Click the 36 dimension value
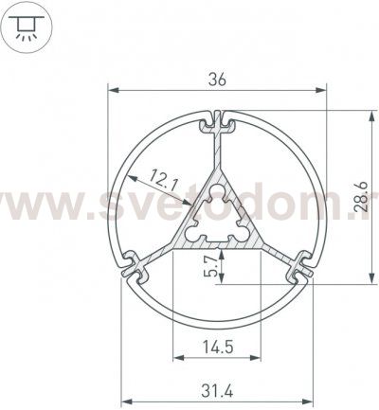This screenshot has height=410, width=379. tap(217, 80)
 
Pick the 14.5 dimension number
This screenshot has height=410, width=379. tap(217, 346)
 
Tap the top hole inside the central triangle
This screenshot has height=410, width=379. tap(216, 195)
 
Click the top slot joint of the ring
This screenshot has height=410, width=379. tap(217, 121)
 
